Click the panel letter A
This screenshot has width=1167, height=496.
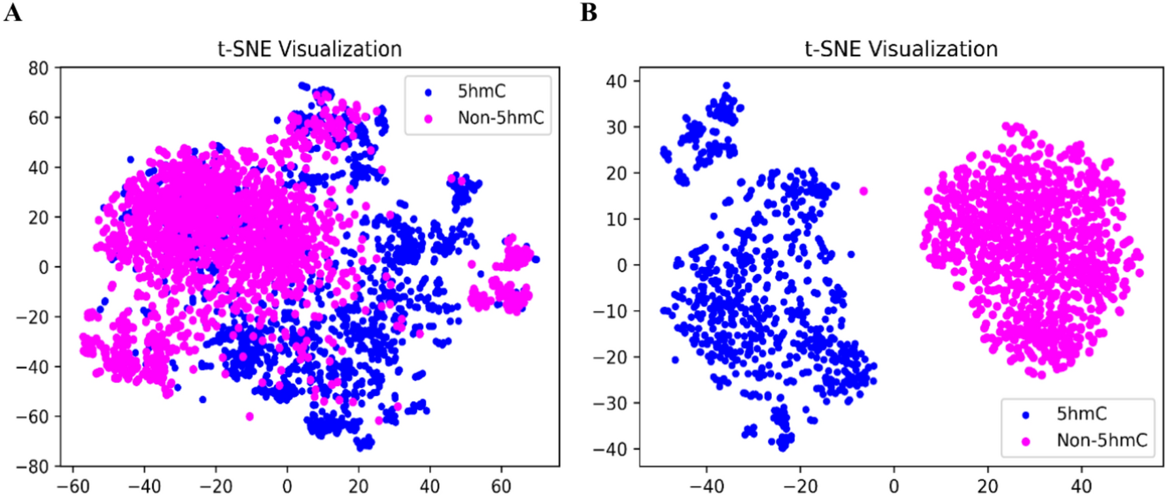(x=12, y=12)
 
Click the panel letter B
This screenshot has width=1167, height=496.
(x=588, y=12)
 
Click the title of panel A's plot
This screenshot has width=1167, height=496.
(x=309, y=49)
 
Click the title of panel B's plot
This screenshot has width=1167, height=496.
(x=901, y=49)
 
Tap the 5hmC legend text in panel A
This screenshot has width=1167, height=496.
(x=481, y=92)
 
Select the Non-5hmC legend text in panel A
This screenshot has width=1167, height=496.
(x=500, y=118)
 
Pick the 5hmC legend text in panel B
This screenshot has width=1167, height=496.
(x=1081, y=414)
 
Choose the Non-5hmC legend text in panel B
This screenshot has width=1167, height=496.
(x=1102, y=440)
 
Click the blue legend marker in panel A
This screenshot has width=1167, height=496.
(x=428, y=92)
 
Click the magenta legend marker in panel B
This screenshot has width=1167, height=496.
(x=1026, y=442)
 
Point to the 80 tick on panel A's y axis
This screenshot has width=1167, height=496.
(x=39, y=68)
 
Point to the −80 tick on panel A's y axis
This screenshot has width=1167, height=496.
(x=33, y=467)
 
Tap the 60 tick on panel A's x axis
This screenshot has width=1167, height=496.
(x=501, y=486)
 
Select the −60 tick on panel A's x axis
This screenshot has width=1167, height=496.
(x=73, y=486)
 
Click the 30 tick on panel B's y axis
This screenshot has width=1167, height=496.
(x=616, y=128)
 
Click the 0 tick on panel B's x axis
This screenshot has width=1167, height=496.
(x=894, y=486)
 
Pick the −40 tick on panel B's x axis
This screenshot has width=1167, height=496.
(x=706, y=486)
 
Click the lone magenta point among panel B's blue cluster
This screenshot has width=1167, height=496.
(x=863, y=191)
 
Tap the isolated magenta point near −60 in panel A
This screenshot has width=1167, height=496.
(x=249, y=416)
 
